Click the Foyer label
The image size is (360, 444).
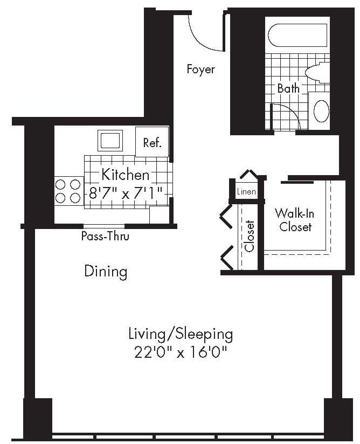click(x=201, y=70)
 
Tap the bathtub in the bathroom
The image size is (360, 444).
click(x=297, y=35)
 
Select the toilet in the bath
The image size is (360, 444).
click(x=317, y=72)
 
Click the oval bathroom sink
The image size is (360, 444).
click(x=322, y=112)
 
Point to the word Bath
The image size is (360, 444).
click(x=288, y=88)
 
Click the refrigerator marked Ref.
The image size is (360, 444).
click(x=152, y=142)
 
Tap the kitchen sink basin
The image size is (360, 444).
click(x=110, y=141)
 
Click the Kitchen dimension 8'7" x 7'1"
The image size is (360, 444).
click(x=126, y=193)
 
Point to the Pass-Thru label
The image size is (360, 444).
click(x=105, y=236)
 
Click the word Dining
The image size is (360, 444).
click(x=106, y=272)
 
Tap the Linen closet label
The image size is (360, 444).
click(x=246, y=192)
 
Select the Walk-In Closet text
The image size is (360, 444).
click(x=295, y=220)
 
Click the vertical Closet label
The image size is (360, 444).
click(x=250, y=236)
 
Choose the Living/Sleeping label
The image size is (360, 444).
click(x=181, y=334)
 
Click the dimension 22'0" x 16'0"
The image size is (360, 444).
click(x=181, y=353)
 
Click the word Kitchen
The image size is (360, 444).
click(x=126, y=175)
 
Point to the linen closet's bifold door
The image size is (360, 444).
click(x=249, y=174)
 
